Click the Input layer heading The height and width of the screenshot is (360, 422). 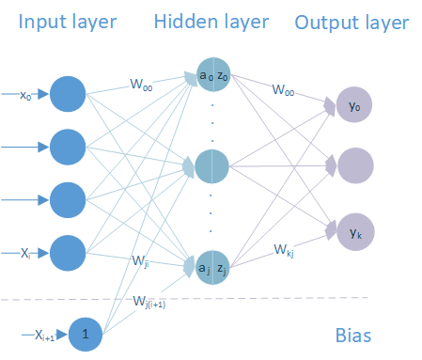point(68,22)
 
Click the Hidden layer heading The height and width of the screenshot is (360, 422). point(211,22)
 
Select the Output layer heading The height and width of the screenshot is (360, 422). point(352,23)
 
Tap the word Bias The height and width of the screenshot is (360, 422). point(353,336)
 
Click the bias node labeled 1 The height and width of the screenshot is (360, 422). point(86,335)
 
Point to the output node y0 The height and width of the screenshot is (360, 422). point(354,104)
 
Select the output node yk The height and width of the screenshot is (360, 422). point(355,232)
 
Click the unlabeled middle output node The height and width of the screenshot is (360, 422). point(355,165)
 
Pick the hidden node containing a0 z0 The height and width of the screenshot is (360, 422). point(213,74)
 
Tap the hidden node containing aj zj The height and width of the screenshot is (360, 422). point(212,267)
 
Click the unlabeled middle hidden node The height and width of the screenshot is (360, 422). point(211,166)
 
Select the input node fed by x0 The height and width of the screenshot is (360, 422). point(68,94)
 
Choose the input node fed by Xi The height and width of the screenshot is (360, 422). point(68,253)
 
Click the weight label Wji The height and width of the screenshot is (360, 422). point(140,261)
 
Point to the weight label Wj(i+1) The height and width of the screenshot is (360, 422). point(149,302)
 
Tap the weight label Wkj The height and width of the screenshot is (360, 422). point(284,251)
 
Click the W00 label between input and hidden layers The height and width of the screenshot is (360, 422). point(141,85)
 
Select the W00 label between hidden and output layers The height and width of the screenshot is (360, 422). point(283,90)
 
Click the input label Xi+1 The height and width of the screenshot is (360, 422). point(44,336)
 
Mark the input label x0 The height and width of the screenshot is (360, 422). point(25,95)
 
